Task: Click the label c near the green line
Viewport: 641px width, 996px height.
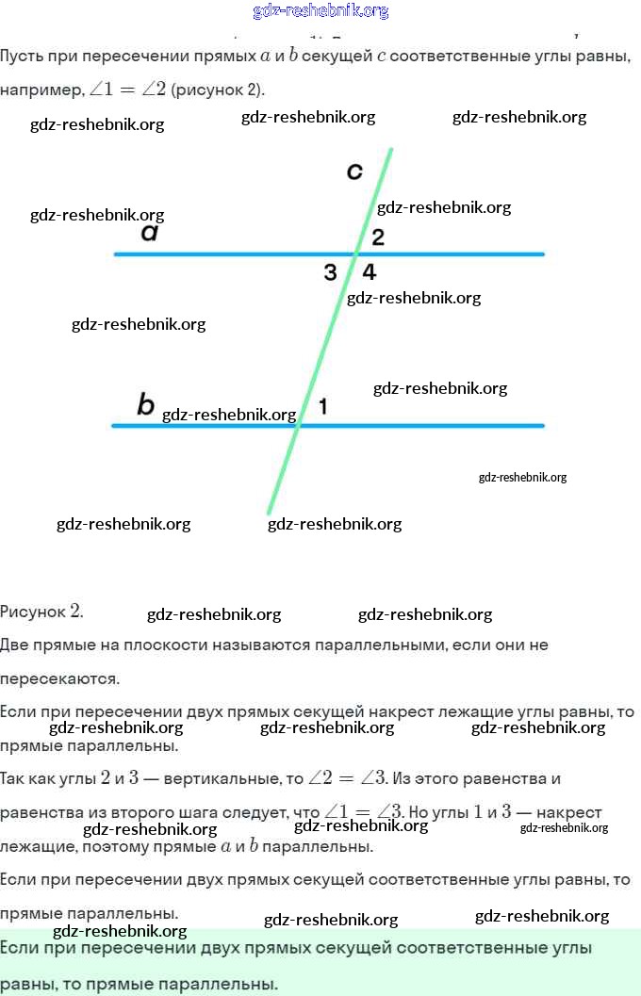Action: [354, 171]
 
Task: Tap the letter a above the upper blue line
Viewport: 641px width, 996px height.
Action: [149, 232]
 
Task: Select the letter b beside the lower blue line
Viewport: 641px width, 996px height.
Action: [145, 404]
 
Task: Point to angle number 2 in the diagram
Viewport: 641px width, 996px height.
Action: [378, 237]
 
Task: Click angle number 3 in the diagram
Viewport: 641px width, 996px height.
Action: [330, 273]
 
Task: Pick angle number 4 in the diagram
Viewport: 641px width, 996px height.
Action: [370, 272]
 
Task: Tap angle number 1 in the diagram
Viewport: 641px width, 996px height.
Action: [323, 407]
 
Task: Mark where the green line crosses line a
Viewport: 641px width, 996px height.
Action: [356, 253]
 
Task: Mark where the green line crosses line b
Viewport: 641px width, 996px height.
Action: [299, 426]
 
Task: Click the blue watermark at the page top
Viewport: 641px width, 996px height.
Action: [320, 11]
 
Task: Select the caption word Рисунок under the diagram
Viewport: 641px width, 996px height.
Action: [33, 611]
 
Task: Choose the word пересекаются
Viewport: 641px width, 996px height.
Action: [58, 678]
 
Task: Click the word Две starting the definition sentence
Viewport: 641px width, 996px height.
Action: [16, 645]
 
